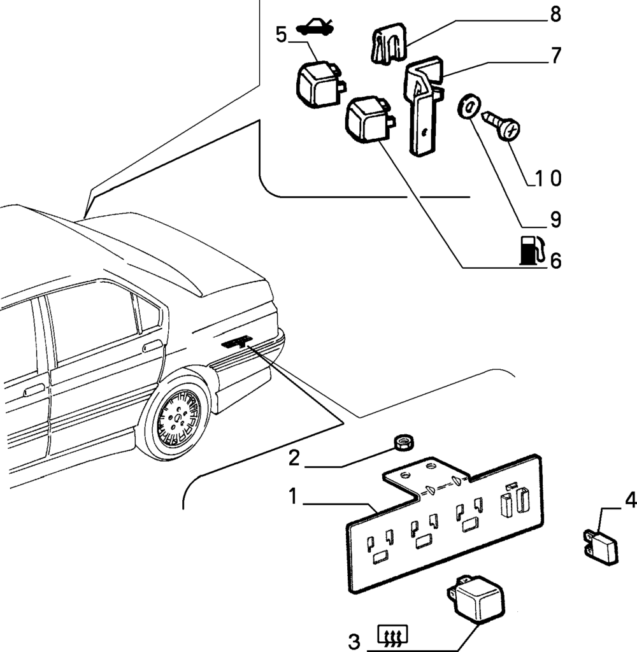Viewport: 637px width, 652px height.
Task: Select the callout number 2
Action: [294, 458]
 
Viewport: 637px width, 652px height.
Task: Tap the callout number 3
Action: [354, 639]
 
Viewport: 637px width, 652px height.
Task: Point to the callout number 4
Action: [629, 500]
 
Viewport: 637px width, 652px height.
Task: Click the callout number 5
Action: [282, 34]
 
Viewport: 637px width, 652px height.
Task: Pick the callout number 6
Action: [555, 260]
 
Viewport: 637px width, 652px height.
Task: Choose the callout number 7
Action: [555, 56]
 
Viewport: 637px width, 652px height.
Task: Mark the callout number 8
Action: [555, 15]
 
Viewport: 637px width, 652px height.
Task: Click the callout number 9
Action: [555, 220]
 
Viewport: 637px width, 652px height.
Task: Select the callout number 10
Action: [547, 178]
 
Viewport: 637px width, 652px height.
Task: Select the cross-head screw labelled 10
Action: [503, 125]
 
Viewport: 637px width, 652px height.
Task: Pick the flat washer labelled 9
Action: [468, 106]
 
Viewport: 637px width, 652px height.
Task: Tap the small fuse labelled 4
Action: [602, 547]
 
